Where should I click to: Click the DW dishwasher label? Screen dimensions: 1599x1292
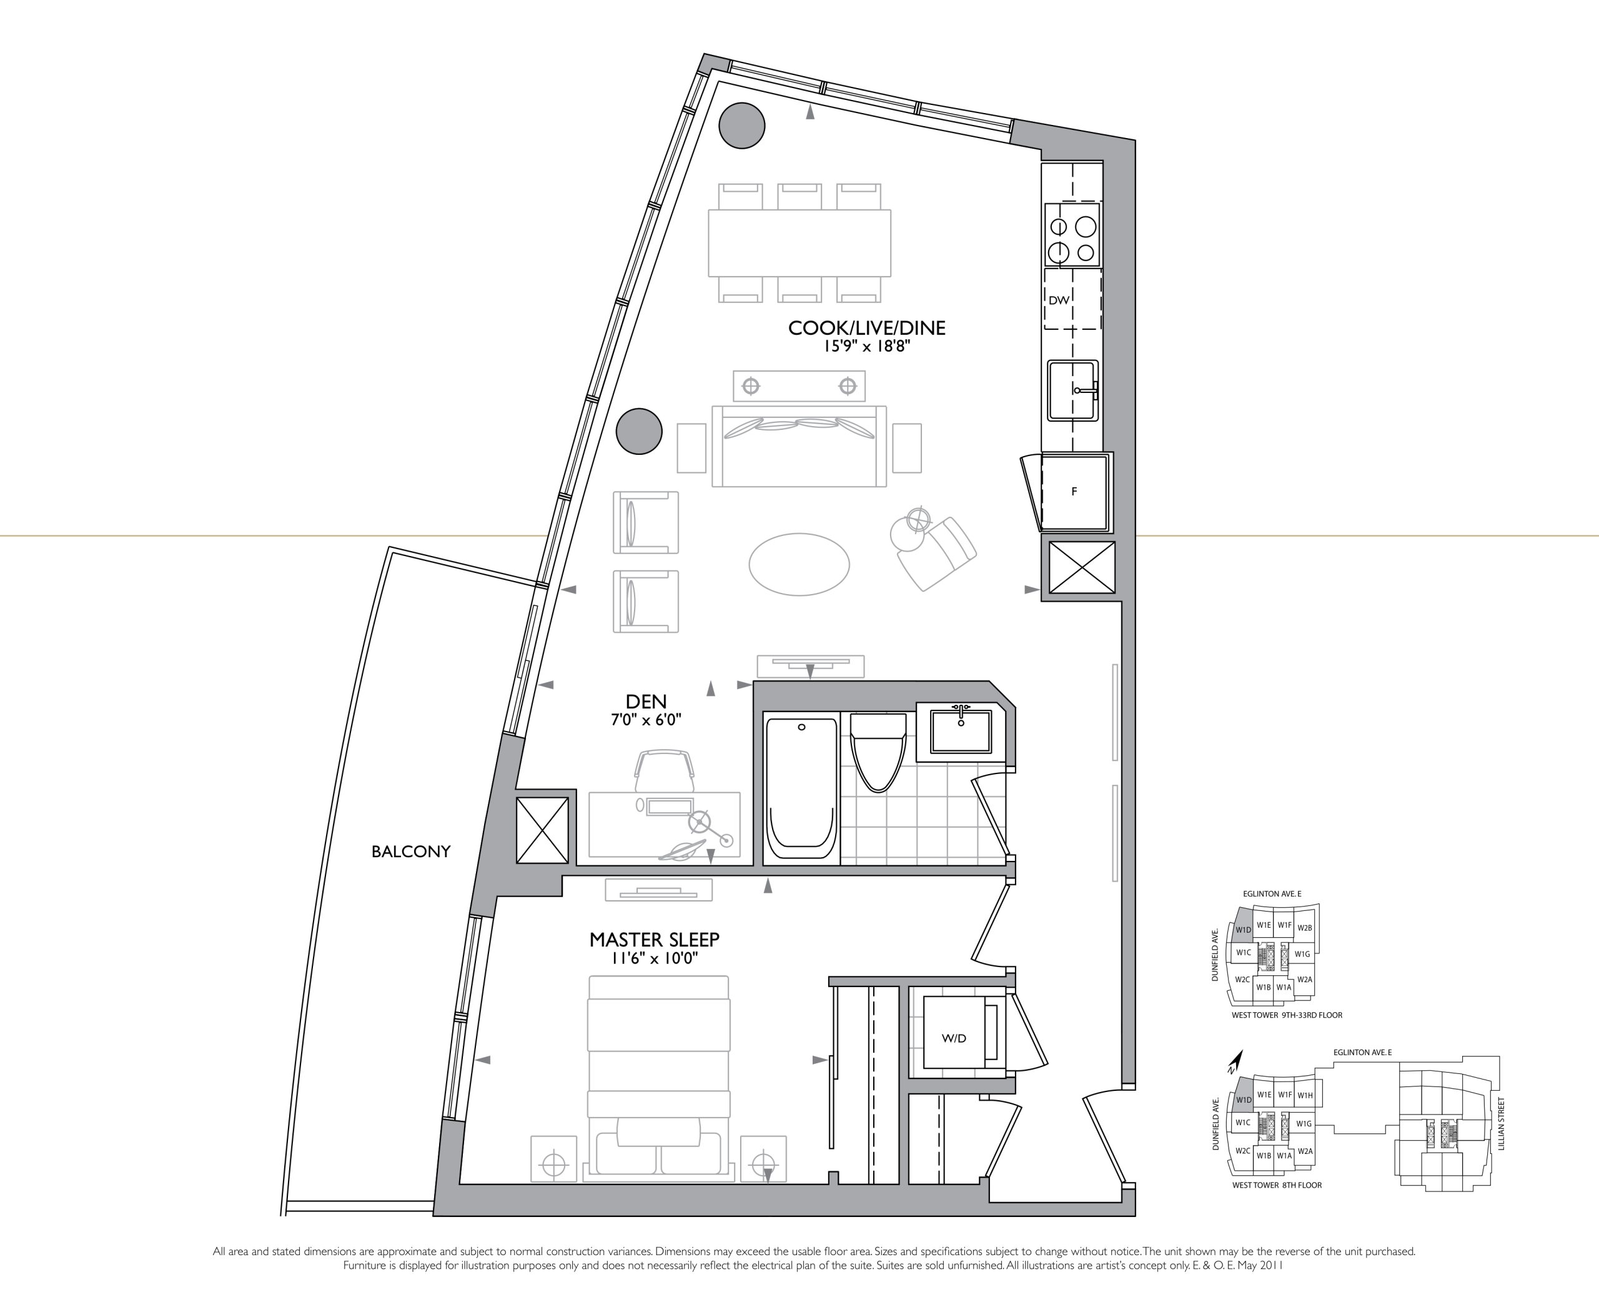point(1058,301)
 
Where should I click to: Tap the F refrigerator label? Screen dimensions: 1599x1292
point(1074,492)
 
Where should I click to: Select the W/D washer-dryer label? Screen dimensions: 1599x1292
point(954,1038)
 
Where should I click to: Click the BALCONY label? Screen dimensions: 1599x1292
point(411,852)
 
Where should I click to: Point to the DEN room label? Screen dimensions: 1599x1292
point(646,701)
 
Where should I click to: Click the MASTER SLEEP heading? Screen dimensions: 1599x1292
point(654,940)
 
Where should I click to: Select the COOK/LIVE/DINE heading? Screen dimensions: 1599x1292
point(867,328)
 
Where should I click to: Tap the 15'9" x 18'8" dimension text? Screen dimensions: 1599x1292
point(867,347)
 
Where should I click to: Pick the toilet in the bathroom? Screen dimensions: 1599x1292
point(878,752)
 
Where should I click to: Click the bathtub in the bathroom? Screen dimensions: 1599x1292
point(801,788)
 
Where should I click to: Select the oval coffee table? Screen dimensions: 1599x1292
point(799,564)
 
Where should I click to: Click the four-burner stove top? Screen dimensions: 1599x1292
point(1072,234)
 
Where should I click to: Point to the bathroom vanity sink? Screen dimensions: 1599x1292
point(961,731)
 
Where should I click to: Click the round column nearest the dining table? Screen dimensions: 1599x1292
point(742,126)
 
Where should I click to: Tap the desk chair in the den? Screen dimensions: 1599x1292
point(665,770)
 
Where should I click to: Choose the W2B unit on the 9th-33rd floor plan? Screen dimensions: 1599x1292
point(1304,928)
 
